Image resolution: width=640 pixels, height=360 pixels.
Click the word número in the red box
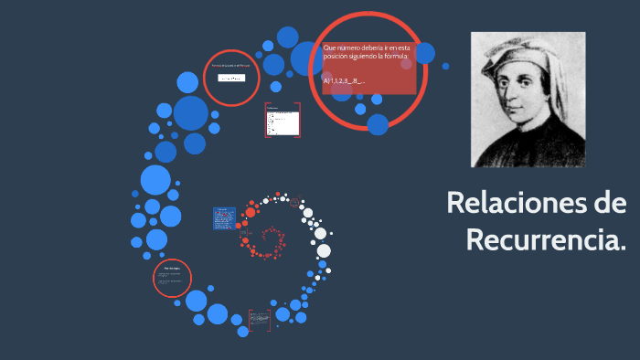(x=356, y=47)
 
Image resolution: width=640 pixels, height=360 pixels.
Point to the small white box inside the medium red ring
(x=230, y=79)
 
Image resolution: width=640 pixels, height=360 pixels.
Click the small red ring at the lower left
(x=172, y=279)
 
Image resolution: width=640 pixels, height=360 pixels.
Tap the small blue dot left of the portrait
(x=445, y=66)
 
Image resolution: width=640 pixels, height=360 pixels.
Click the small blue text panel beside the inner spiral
(x=223, y=218)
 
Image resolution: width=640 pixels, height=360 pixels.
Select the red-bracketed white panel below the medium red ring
(x=283, y=120)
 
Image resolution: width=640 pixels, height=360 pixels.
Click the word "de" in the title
(x=605, y=203)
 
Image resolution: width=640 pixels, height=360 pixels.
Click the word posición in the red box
(x=338, y=57)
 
